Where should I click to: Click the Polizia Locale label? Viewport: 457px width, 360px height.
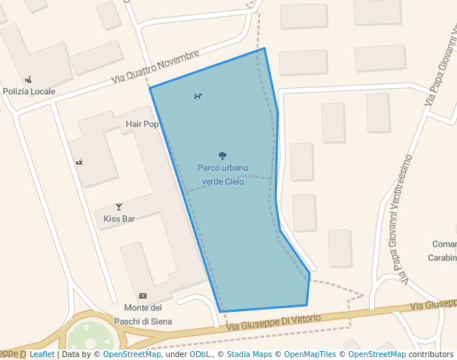pos(29,91)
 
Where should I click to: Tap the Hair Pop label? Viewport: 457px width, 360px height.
pos(142,124)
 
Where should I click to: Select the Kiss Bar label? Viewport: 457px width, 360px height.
pos(119,219)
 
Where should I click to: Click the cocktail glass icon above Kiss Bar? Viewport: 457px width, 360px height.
pos(119,207)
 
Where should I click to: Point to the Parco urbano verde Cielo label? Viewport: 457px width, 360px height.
pos(223,174)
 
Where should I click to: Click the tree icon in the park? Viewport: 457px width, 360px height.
pos(222,156)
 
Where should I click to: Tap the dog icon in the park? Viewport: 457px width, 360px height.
pos(198,96)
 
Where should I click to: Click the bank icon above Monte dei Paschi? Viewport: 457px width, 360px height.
pos(142,296)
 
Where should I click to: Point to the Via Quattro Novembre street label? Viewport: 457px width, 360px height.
pos(156,67)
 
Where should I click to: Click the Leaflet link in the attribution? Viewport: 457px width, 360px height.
pos(41,354)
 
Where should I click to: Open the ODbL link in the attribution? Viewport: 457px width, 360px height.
pos(200,354)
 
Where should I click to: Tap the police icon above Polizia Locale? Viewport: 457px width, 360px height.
pos(28,79)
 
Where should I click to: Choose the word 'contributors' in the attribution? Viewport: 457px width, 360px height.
pos(430,354)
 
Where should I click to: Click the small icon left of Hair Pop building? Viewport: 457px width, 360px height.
pos(79,161)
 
